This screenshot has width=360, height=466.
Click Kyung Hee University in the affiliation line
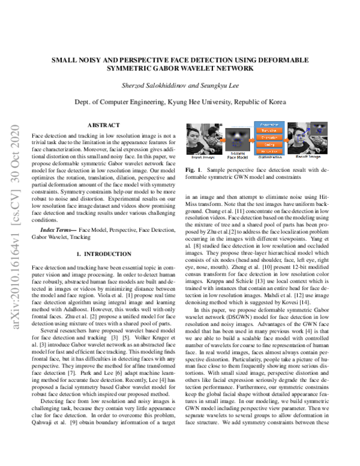[x=209, y=103]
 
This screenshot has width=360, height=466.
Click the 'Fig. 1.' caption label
[x=192, y=171]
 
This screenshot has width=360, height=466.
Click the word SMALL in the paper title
[x=67, y=60]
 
